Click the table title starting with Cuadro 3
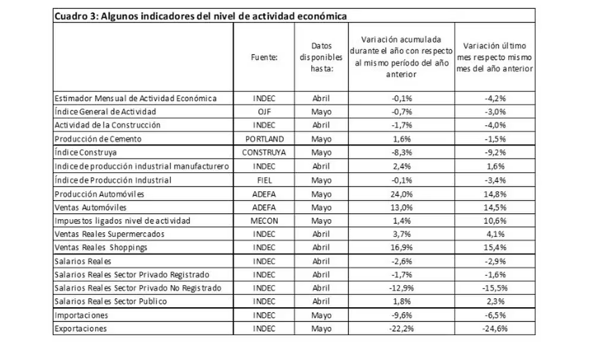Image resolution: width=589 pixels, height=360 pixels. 201,16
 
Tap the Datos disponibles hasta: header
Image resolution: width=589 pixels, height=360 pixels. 321,57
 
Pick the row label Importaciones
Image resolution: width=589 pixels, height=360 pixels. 81,315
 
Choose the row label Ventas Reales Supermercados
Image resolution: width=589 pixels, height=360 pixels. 109,234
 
